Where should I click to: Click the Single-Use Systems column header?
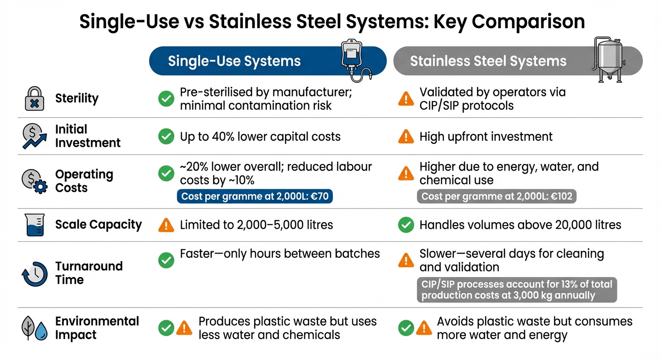[x=234, y=61]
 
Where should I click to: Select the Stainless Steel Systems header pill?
[x=488, y=61]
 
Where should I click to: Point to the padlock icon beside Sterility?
[x=34, y=99]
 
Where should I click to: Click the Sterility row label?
[x=77, y=98]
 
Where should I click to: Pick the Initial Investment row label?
[x=88, y=136]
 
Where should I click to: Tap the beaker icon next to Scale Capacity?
[x=34, y=225]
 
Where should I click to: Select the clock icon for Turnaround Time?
[x=34, y=273]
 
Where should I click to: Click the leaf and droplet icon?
[x=35, y=328]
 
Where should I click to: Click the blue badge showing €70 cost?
[x=255, y=196]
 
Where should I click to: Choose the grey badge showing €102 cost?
[x=496, y=196]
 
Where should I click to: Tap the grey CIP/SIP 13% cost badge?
[x=517, y=290]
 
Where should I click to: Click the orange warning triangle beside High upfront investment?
[x=405, y=137]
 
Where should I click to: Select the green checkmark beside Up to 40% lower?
[x=166, y=137]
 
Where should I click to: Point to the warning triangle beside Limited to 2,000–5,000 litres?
[x=166, y=225]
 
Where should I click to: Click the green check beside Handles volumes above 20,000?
[x=405, y=225]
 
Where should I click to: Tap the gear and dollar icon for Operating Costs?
[x=34, y=181]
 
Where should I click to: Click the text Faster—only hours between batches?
[x=280, y=254]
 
